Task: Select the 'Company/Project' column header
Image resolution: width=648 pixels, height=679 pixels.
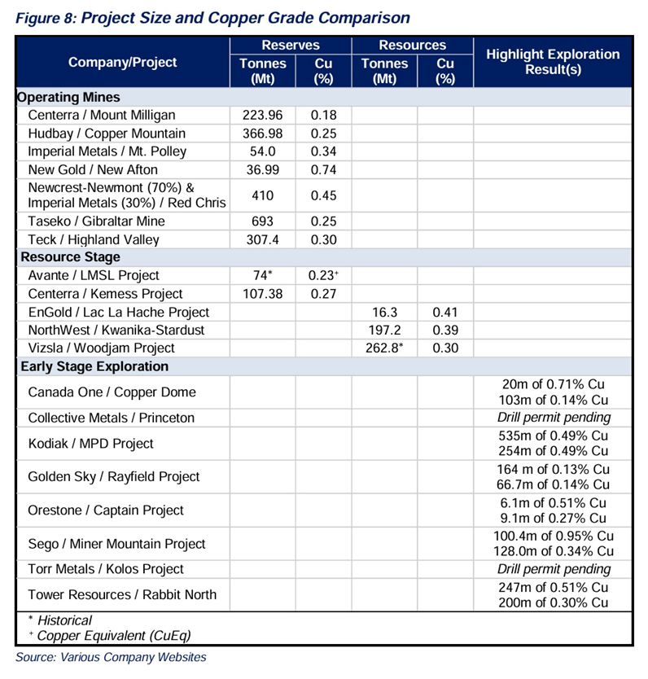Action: [x=122, y=62]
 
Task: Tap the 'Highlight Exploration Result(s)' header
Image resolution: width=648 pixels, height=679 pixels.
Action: [x=553, y=62]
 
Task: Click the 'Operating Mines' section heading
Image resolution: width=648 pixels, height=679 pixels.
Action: [x=69, y=98]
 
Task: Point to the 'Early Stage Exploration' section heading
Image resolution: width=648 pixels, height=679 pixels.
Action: [x=94, y=366]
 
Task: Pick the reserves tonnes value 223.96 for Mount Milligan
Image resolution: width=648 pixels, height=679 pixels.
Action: [x=262, y=116]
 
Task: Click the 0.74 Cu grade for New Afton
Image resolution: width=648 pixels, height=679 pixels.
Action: [x=323, y=169]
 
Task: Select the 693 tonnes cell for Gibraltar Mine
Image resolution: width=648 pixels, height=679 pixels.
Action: [x=262, y=221]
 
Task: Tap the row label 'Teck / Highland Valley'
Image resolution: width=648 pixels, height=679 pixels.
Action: [x=94, y=239]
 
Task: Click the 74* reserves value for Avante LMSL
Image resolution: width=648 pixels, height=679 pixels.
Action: [x=262, y=275]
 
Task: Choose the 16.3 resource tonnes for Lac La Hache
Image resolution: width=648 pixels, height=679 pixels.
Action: [x=384, y=312]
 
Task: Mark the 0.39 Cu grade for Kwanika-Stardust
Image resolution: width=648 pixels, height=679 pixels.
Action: [x=444, y=330]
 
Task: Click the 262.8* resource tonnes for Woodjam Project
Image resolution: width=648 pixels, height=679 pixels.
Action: [x=384, y=348]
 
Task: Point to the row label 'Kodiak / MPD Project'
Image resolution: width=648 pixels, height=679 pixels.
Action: [x=90, y=444]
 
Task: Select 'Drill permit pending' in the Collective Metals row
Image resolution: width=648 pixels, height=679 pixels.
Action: [x=554, y=418]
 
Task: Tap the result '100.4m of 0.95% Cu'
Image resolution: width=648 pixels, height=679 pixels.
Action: [x=554, y=537]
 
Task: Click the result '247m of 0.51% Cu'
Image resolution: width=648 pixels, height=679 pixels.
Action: [x=554, y=587]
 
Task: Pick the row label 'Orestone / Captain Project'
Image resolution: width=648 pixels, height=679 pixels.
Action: [x=106, y=510]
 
